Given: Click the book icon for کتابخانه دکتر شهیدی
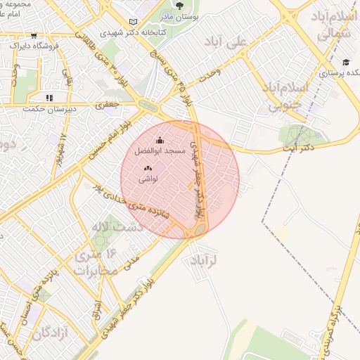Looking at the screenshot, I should coord(135,22).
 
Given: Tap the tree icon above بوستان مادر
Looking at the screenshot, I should coord(179,5).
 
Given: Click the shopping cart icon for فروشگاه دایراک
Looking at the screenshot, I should coord(34,35).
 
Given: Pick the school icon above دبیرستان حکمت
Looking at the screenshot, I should coord(49,98).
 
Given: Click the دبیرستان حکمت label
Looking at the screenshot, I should coord(46,108).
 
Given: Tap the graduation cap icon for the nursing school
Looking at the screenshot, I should coord(346,63).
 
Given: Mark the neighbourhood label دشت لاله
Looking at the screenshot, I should coord(117,226).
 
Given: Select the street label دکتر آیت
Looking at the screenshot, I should coord(297,148).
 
